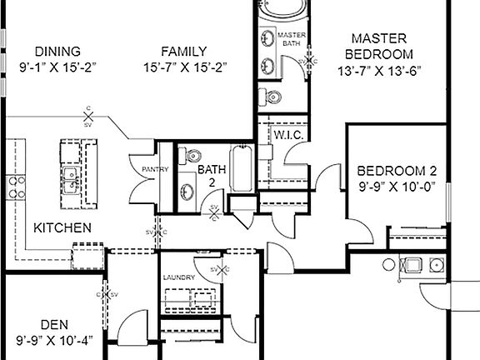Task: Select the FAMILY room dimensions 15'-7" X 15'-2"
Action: pyautogui.click(x=184, y=66)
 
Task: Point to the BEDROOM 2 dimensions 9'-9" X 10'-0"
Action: pyautogui.click(x=397, y=187)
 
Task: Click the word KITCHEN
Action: pyautogui.click(x=62, y=227)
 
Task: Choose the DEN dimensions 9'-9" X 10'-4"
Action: pyautogui.click(x=54, y=339)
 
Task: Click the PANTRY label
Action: pyautogui.click(x=156, y=170)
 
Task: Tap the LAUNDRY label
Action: pyautogui.click(x=179, y=277)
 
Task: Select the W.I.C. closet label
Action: pyautogui.click(x=287, y=135)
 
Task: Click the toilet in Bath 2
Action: pyautogui.click(x=190, y=155)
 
